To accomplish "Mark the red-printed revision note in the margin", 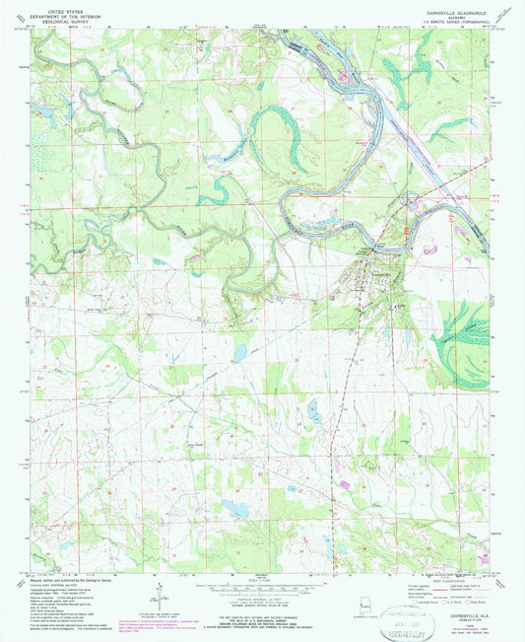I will [x=149, y=623].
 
